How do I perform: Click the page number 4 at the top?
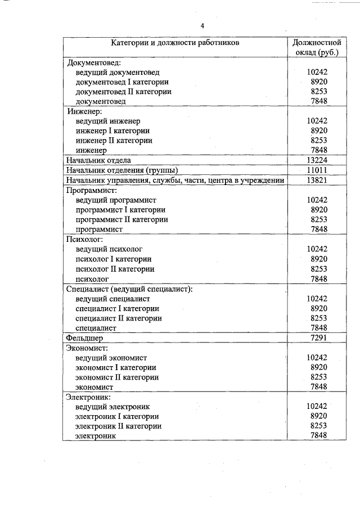point(202,26)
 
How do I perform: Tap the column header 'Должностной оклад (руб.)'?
point(317,47)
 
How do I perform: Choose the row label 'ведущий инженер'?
point(107,121)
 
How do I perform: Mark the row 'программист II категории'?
point(121,219)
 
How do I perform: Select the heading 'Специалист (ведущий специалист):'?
point(129,289)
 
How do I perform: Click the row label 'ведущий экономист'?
point(111,357)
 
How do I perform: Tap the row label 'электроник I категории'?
point(117,416)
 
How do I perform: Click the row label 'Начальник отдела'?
point(98,160)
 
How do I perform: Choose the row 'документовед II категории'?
point(123,91)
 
